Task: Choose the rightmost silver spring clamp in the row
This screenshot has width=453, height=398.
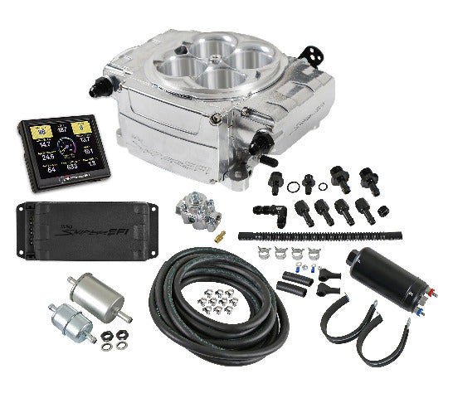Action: point(316,255)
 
